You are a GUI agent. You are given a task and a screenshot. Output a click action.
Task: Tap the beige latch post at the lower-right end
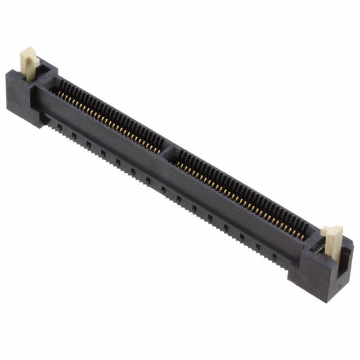332,241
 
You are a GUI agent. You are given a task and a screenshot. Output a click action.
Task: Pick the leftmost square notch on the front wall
58,126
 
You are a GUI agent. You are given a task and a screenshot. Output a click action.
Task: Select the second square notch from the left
74,135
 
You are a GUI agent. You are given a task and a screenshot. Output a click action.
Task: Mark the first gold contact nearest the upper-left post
60,93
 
